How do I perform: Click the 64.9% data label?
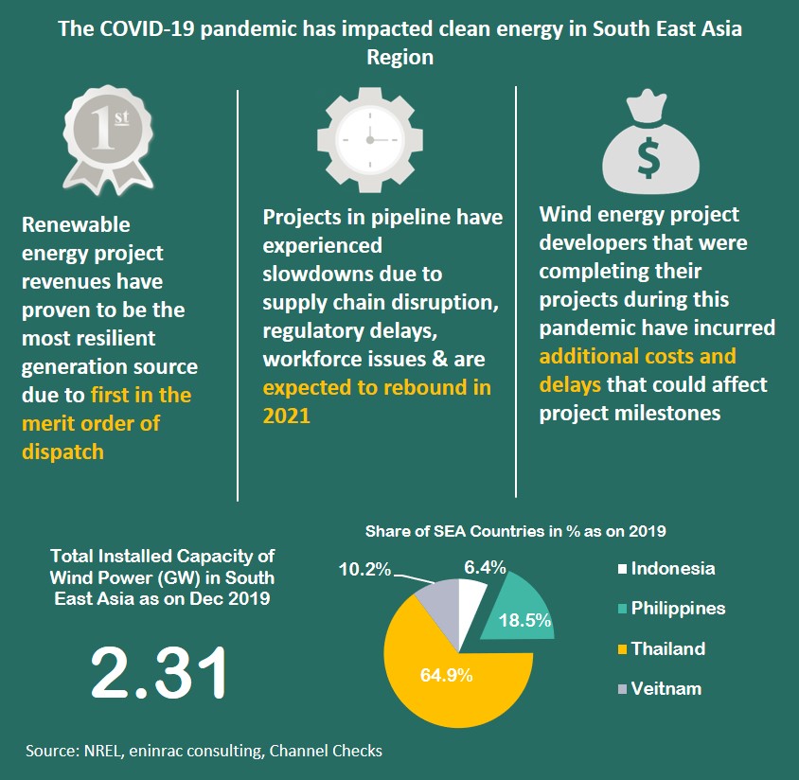[446, 676]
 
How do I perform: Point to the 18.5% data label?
[526, 622]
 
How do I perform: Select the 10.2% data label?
[364, 571]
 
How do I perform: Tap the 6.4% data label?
[485, 567]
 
